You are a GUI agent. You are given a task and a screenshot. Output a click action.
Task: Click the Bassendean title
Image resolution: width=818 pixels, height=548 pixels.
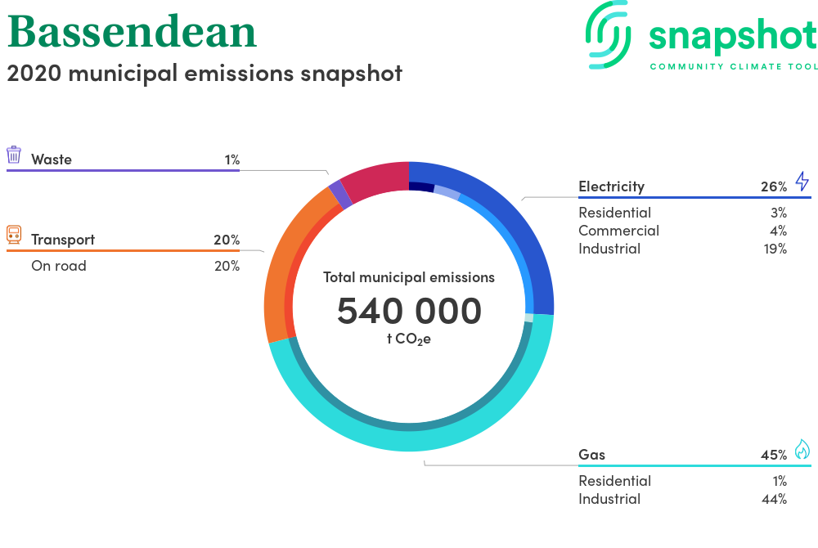coord(132,32)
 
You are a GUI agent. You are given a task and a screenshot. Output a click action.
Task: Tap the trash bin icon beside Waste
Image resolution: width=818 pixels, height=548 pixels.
coord(14,155)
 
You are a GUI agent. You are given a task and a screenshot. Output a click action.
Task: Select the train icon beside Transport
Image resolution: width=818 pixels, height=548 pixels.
coord(14,235)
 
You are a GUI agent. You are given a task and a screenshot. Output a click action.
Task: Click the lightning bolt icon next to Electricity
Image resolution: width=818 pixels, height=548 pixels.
coord(802,181)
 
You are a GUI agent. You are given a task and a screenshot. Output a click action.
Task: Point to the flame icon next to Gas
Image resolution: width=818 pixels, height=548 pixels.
coord(802,449)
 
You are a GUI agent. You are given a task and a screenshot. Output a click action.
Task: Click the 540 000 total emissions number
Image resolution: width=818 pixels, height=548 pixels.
coord(409,311)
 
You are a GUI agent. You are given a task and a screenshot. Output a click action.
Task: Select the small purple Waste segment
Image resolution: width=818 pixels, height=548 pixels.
coord(340,194)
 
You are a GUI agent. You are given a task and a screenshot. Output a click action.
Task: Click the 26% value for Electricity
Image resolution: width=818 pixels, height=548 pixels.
coord(774,186)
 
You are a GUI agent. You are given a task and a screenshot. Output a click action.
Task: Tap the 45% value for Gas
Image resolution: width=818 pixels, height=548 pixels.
coord(774,455)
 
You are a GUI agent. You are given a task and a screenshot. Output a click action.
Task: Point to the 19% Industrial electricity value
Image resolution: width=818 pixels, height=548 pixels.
coord(775,249)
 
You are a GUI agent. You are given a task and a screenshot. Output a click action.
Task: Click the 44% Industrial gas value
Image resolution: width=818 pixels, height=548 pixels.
coord(774,499)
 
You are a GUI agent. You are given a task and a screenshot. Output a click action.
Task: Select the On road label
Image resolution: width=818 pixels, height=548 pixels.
coord(59,266)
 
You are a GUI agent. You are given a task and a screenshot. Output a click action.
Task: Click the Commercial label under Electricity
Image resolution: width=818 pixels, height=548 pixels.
coord(618,231)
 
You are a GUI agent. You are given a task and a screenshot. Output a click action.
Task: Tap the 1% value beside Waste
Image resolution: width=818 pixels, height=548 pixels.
coord(232,159)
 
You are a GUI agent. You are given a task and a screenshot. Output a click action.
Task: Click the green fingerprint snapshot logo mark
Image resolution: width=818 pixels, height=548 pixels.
coord(608,35)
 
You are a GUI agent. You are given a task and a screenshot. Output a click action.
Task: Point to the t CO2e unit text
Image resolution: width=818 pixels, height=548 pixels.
coord(409,339)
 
